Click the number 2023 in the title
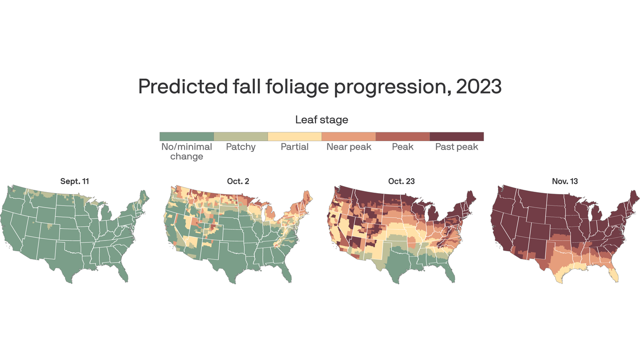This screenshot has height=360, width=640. (478, 87)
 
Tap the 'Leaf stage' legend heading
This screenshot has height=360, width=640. (321, 120)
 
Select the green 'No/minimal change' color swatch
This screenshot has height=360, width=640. (186, 136)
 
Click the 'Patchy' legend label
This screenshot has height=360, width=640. (241, 147)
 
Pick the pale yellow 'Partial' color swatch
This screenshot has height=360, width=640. (294, 136)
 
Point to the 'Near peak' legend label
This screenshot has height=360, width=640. (349, 147)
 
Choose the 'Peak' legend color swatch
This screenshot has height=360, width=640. (402, 136)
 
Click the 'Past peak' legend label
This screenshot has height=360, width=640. (456, 147)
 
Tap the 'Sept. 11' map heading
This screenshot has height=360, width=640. (74, 181)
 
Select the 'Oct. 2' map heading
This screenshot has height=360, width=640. (238, 181)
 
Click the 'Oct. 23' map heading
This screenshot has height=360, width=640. (402, 181)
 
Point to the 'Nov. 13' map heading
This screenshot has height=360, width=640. (565, 181)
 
